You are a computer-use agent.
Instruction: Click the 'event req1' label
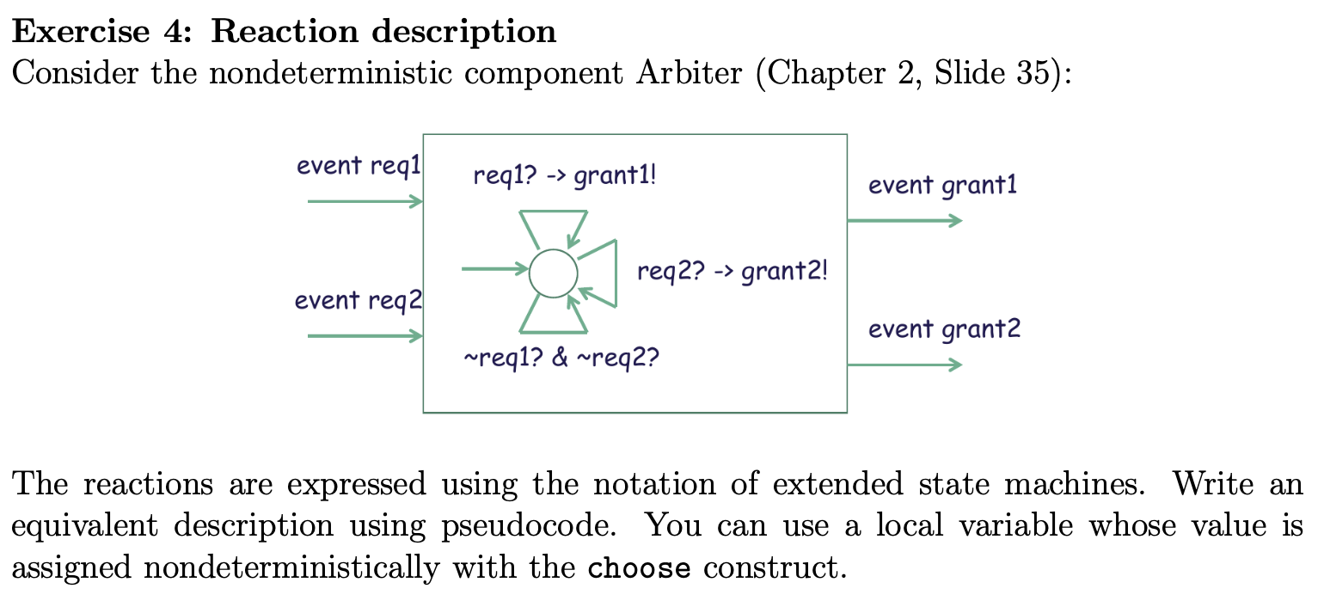click(358, 166)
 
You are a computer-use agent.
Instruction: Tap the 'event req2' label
click(358, 301)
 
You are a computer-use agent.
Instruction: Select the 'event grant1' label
click(942, 186)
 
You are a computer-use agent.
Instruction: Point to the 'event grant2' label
click(944, 329)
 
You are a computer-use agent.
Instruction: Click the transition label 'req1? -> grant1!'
click(565, 176)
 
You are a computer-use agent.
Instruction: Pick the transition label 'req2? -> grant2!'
click(732, 273)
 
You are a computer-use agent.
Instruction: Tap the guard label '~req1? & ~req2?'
click(561, 357)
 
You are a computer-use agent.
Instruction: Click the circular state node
click(553, 273)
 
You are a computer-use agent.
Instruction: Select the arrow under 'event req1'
click(365, 202)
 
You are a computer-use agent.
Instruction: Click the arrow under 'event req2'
click(365, 336)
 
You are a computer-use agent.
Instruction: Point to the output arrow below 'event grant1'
click(904, 221)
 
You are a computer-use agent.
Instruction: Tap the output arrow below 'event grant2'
click(904, 365)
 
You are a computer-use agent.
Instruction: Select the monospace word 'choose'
click(639, 568)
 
